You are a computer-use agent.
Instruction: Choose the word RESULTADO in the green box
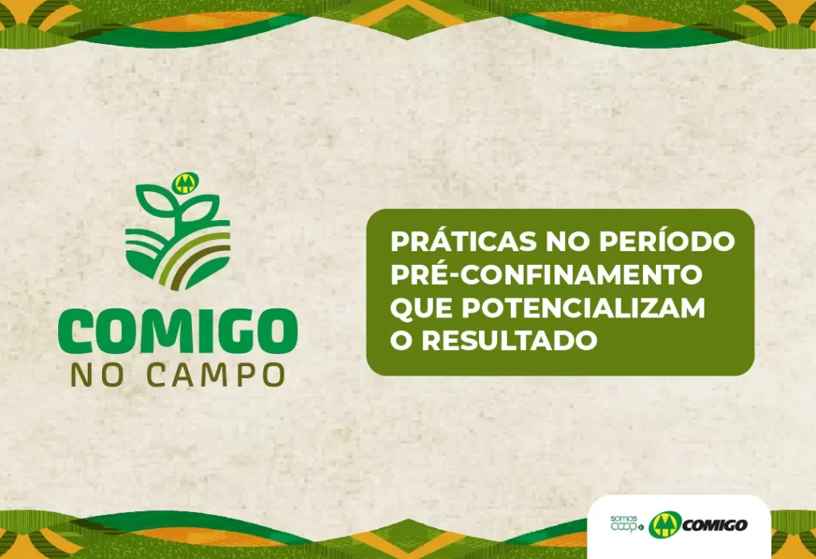[x=509, y=341]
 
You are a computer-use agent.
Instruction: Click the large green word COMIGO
[x=178, y=333]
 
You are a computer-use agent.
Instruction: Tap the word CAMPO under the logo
[x=215, y=375]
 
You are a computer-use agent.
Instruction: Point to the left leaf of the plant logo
[x=154, y=201]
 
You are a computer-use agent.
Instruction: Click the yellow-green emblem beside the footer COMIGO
[x=665, y=525]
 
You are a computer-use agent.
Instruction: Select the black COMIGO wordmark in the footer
[x=714, y=526]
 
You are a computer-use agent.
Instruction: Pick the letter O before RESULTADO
[x=402, y=341]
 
